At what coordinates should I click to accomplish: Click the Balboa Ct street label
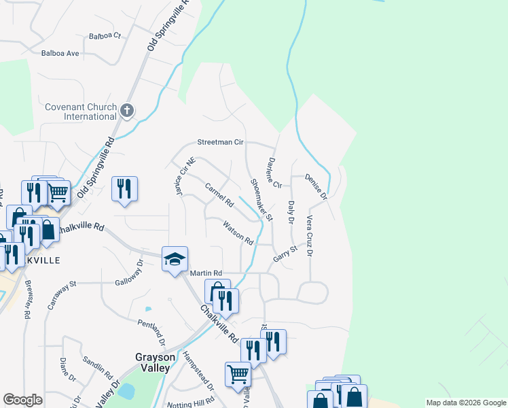pyautogui.click(x=104, y=35)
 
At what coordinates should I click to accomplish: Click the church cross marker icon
pyautogui.click(x=127, y=111)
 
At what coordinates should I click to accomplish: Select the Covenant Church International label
pyautogui.click(x=81, y=112)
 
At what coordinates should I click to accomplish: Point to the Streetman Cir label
pyautogui.click(x=219, y=143)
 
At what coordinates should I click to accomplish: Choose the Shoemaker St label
pyautogui.click(x=261, y=200)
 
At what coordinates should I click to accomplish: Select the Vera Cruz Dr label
pyautogui.click(x=309, y=236)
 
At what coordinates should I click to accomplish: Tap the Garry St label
pyautogui.click(x=285, y=254)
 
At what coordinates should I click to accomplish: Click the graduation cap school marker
pyautogui.click(x=175, y=259)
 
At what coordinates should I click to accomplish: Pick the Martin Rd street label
pyautogui.click(x=206, y=273)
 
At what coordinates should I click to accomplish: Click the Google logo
pyautogui.click(x=22, y=400)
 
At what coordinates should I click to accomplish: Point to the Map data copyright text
pyautogui.click(x=465, y=403)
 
